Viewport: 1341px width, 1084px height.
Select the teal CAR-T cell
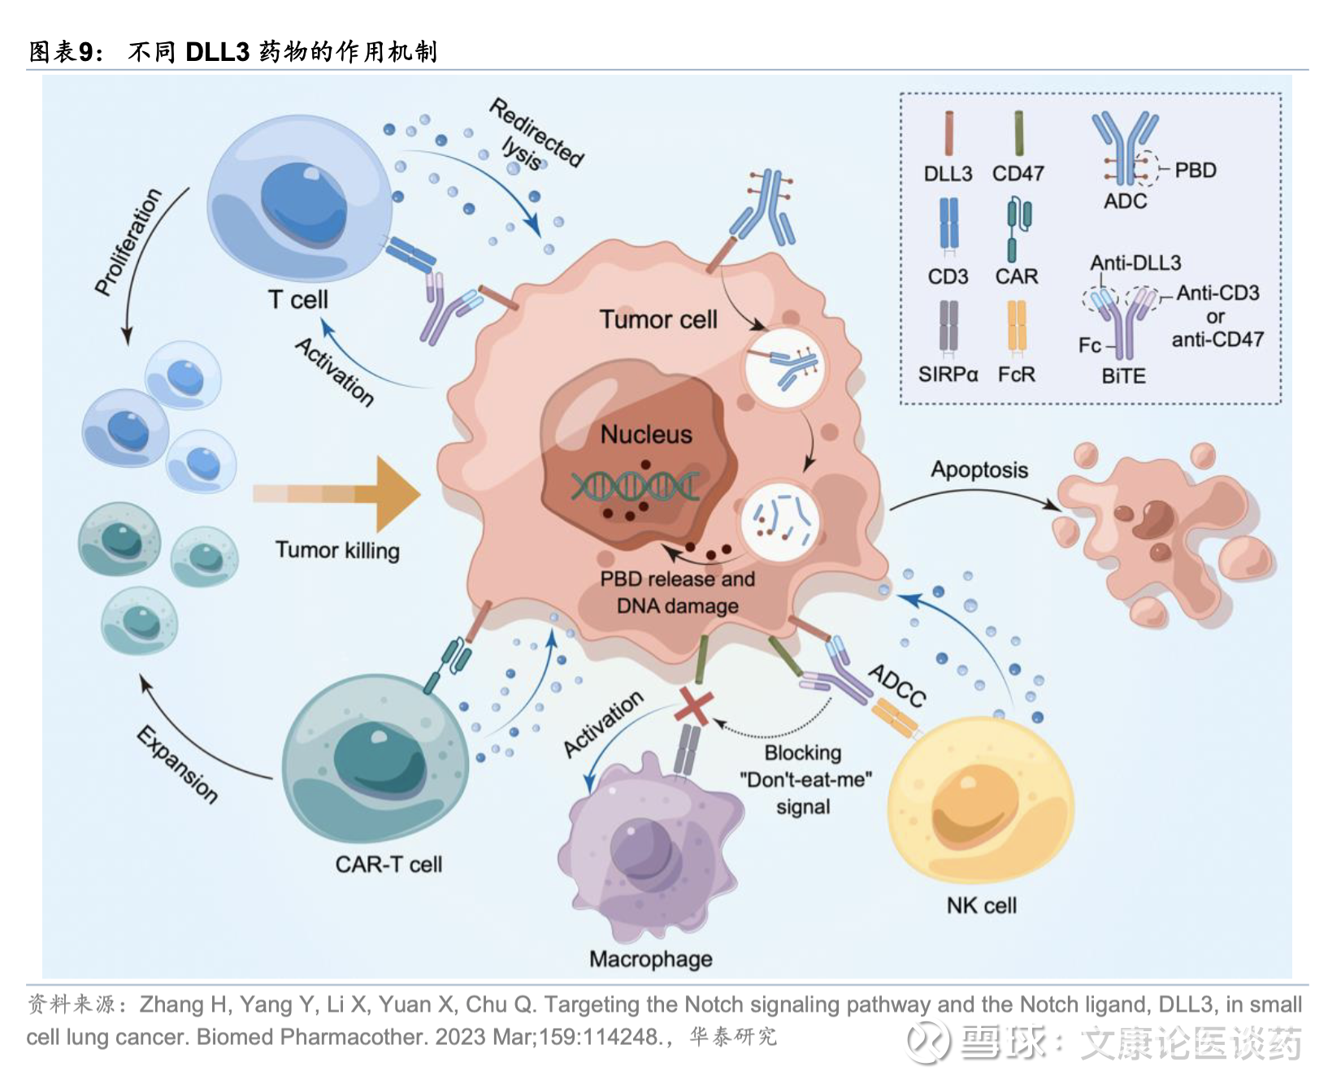point(375,760)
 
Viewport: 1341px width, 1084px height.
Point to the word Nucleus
point(646,435)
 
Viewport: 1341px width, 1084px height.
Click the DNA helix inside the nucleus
point(634,486)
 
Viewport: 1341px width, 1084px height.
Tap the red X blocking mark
point(693,706)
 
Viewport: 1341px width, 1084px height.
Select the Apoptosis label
point(979,470)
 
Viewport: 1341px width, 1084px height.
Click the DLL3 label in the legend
point(948,173)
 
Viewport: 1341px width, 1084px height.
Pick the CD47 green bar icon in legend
point(1018,133)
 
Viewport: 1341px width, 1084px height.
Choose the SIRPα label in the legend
point(948,375)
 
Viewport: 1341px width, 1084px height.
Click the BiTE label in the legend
point(1123,376)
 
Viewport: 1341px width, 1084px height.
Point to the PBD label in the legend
point(1196,170)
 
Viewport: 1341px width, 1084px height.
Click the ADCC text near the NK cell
point(897,685)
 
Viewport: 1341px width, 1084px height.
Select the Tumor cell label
point(658,319)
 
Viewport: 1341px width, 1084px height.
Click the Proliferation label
point(128,241)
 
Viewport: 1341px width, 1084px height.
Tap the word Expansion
point(177,764)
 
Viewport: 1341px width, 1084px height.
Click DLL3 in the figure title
point(217,52)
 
